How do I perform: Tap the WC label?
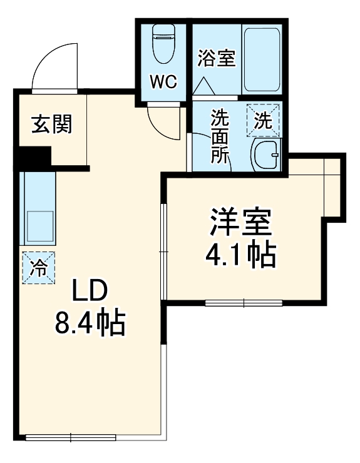click(163, 81)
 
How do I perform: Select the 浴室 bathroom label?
click(216, 59)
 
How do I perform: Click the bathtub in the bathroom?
click(262, 59)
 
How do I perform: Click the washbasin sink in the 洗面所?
click(266, 155)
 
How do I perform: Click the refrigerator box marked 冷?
click(38, 268)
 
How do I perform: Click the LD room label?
click(90, 291)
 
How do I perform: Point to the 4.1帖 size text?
click(240, 255)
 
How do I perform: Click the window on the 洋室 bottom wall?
click(244, 303)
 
